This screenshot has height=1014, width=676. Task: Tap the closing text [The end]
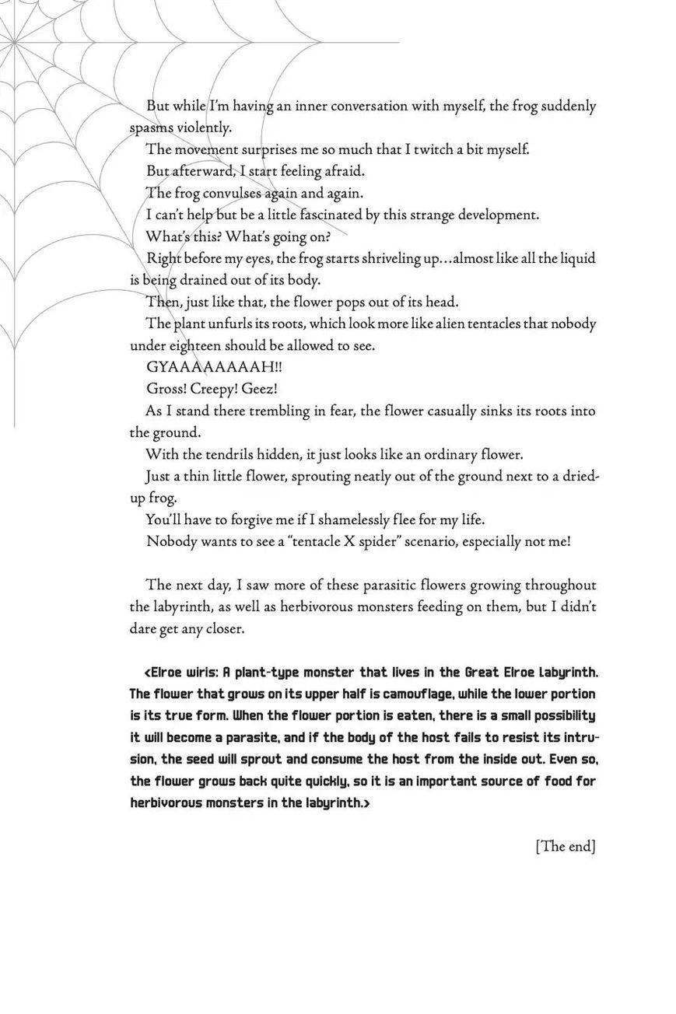point(566,847)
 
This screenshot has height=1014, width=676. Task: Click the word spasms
point(150,128)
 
